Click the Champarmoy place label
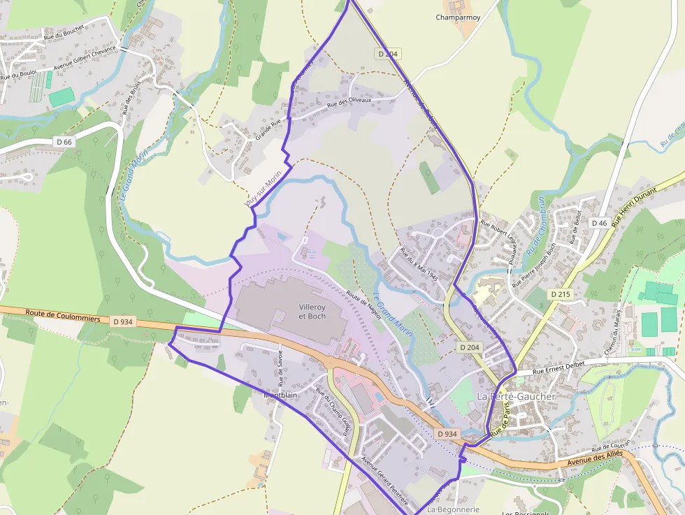pyautogui.click(x=457, y=17)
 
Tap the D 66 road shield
pyautogui.click(x=64, y=142)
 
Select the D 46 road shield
pyautogui.click(x=598, y=223)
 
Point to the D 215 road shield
pyautogui.click(x=560, y=294)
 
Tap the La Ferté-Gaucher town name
pyautogui.click(x=516, y=396)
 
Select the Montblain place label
pyautogui.click(x=281, y=394)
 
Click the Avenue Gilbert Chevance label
pyautogui.click(x=85, y=58)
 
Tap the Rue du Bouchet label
pyautogui.click(x=64, y=31)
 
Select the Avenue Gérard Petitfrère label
pyautogui.click(x=384, y=481)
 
